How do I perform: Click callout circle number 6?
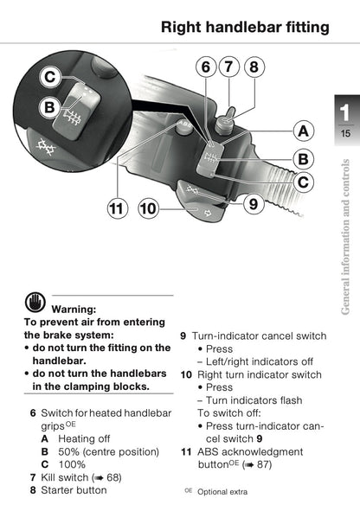(206, 67)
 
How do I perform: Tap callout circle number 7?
(229, 67)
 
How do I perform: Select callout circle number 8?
(254, 67)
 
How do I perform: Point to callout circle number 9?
(254, 204)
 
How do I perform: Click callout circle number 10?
(148, 208)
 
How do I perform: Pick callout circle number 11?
(118, 208)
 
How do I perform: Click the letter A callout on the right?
(303, 131)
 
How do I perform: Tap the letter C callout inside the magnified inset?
(50, 78)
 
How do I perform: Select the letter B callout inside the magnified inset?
(49, 107)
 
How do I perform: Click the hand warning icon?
(35, 302)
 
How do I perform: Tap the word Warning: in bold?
(74, 309)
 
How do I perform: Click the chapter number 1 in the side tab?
(345, 112)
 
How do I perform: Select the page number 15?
(345, 133)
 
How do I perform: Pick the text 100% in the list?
(72, 464)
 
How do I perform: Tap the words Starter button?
(74, 490)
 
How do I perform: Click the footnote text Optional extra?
(222, 492)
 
